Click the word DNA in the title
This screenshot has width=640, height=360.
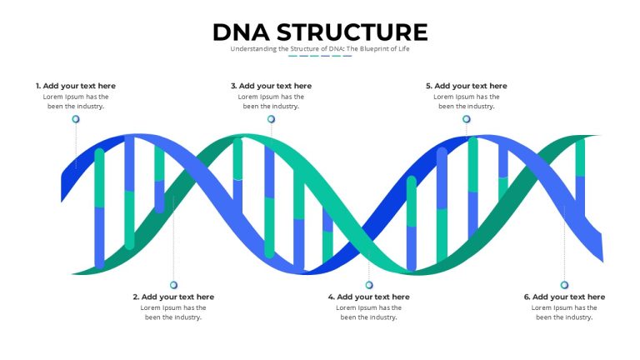[x=241, y=32]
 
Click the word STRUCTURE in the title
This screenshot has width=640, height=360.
[x=352, y=32]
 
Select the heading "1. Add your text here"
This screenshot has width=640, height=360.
[x=76, y=86]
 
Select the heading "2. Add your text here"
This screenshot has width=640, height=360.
[x=173, y=297]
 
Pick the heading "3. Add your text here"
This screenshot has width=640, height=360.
[x=271, y=86]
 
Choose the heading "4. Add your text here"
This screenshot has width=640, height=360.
[x=368, y=297]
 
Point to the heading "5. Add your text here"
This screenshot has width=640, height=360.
[x=467, y=86]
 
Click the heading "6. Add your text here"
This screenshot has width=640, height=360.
[x=564, y=297]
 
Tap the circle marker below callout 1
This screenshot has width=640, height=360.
[x=76, y=119]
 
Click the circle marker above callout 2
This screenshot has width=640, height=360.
[x=173, y=285]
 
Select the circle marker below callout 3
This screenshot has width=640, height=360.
[x=271, y=119]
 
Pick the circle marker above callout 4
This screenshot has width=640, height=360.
[x=369, y=285]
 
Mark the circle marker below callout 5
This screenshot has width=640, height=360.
[x=467, y=119]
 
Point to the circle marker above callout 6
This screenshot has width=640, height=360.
[x=564, y=285]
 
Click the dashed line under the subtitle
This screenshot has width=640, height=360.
[x=320, y=56]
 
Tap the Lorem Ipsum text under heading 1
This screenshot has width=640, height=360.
[x=76, y=102]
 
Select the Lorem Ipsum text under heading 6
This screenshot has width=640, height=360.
[x=564, y=312]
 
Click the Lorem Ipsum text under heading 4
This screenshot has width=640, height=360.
[x=368, y=312]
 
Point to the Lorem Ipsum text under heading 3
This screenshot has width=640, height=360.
[x=271, y=102]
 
